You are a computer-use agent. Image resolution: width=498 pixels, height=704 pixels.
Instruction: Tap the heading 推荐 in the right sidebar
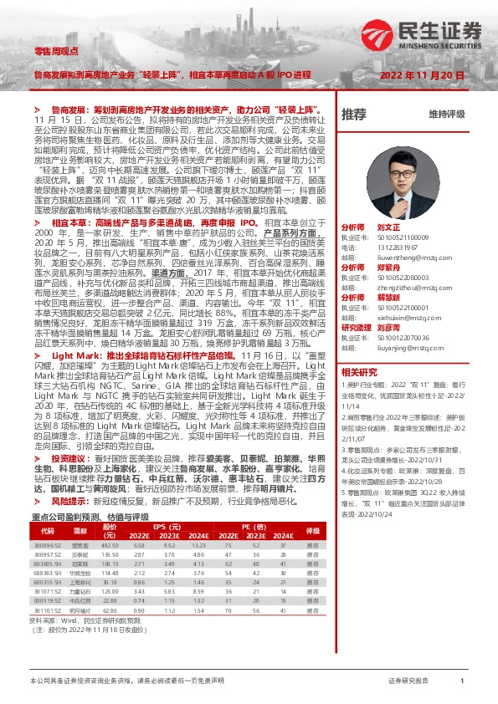[x=353, y=114]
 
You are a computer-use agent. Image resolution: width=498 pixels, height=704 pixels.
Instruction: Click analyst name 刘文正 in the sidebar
[x=388, y=227]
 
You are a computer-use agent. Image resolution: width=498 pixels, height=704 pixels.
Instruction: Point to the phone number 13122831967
[x=395, y=247]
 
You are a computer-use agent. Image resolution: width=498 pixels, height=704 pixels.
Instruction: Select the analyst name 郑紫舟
[x=388, y=267]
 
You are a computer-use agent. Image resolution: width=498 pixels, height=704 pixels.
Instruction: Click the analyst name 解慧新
[x=388, y=297]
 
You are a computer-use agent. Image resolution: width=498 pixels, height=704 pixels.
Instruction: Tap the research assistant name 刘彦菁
[x=390, y=327]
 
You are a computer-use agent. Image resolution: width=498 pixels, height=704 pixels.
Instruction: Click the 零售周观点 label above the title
[x=52, y=52]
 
